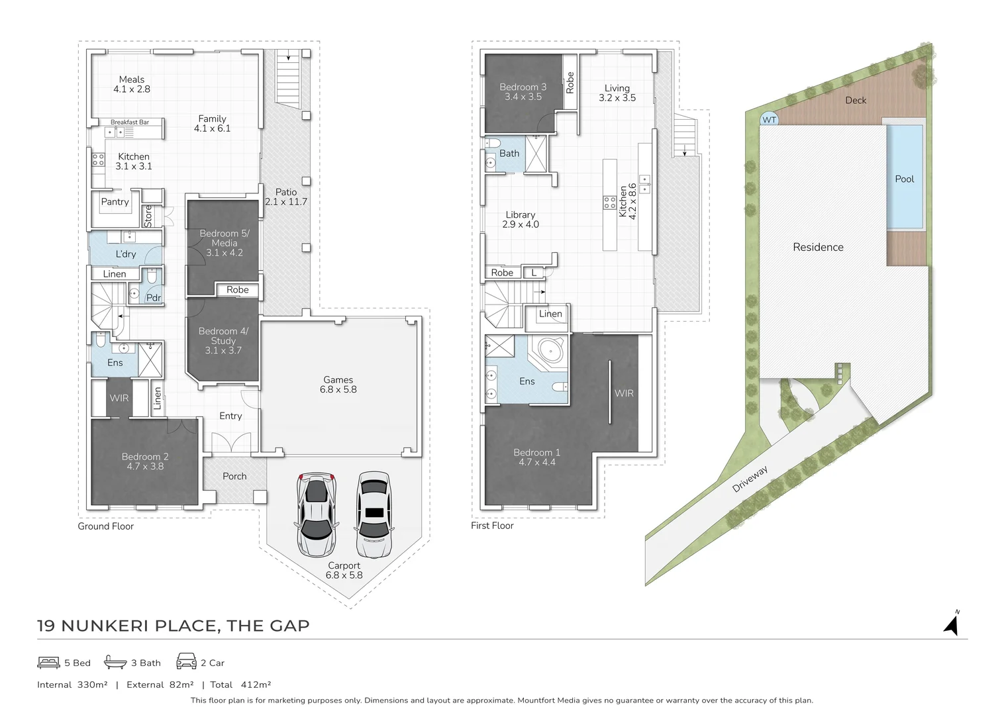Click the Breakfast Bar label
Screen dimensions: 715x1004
(x=130, y=122)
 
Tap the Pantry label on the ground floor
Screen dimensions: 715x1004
(x=115, y=202)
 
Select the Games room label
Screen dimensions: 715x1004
(x=338, y=385)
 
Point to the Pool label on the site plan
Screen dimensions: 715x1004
(x=904, y=179)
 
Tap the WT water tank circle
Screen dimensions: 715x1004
(x=769, y=120)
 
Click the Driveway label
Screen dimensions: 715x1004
(x=750, y=479)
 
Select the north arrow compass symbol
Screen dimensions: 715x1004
(x=952, y=624)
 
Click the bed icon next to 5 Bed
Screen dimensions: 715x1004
(x=49, y=662)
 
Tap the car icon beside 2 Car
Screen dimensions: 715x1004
(x=186, y=661)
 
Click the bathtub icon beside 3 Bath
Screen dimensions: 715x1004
(x=115, y=662)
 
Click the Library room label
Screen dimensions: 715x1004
(x=521, y=220)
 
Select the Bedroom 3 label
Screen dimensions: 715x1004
(x=523, y=92)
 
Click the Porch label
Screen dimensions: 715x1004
(x=234, y=477)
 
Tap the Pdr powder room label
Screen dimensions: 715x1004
(x=154, y=298)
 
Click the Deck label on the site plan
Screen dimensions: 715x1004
(x=855, y=101)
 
